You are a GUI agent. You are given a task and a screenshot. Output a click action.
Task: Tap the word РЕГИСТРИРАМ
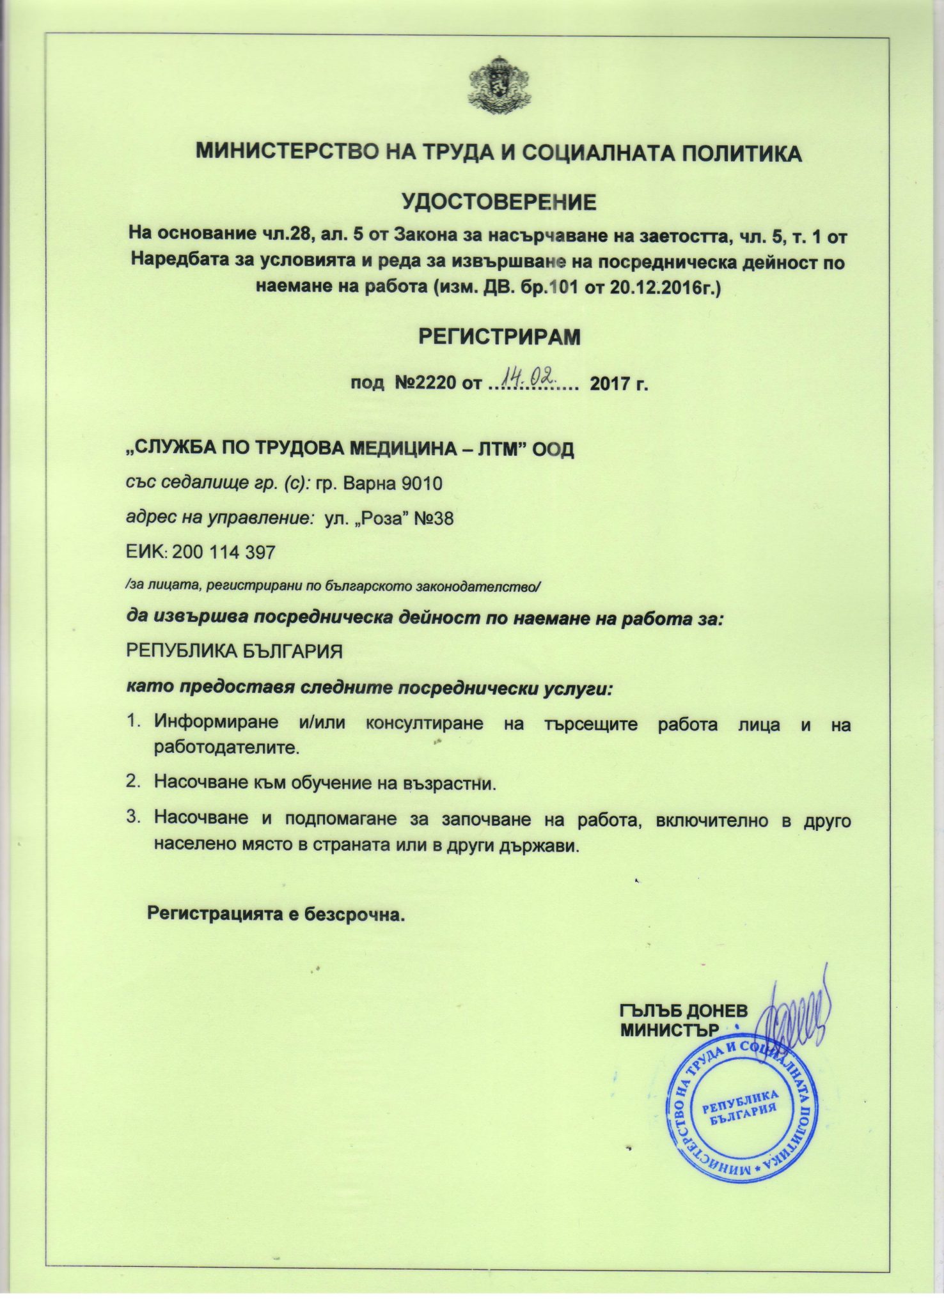pyautogui.click(x=499, y=337)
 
